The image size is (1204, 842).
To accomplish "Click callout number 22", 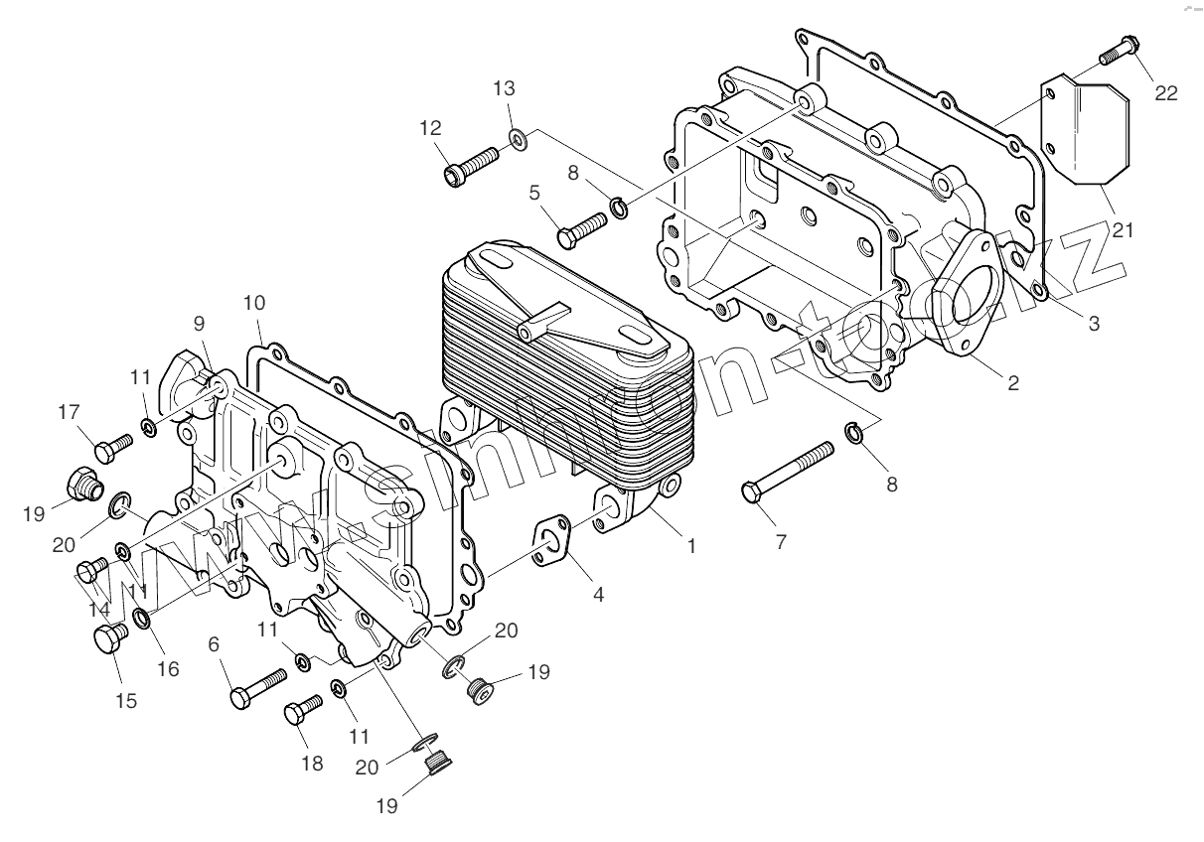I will point(1166,92).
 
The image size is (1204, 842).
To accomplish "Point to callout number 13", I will point(505,88).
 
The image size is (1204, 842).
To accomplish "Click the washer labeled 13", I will point(519,137).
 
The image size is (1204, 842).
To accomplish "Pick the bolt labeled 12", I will point(472,164).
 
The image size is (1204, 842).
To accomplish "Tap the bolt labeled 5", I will point(581,229).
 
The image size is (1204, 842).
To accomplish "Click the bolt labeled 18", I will point(303,712).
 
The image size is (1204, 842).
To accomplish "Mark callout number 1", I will point(692,545).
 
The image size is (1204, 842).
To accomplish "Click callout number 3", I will point(1094,323).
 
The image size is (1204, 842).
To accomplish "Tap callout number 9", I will point(200,323).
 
